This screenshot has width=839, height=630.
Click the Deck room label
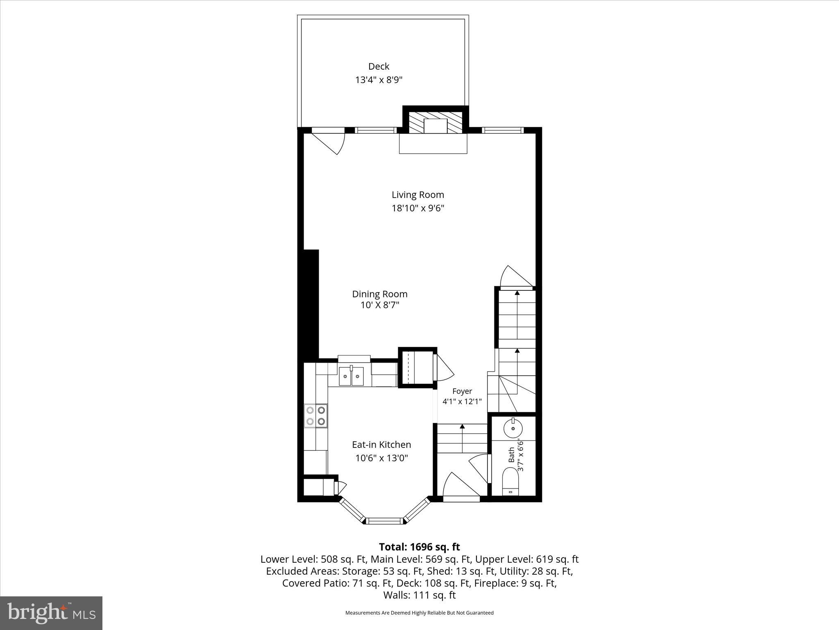379,66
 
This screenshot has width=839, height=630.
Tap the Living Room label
417,195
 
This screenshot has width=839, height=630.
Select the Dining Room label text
380,294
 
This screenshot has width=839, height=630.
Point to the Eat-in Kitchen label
381,445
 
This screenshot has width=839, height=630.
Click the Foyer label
462,391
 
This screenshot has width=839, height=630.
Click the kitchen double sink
351,376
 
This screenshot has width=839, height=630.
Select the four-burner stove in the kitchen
316,415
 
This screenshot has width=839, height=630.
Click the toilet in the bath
510,482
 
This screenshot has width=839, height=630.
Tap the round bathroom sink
513,429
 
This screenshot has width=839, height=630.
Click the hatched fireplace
435,122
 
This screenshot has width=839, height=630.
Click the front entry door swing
460,486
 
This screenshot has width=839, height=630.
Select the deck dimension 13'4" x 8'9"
379,80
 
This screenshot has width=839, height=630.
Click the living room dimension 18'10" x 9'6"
418,208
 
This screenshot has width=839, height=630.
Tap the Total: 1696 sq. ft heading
419,547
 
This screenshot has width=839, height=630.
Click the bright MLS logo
51,613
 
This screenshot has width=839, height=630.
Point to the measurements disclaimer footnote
419,613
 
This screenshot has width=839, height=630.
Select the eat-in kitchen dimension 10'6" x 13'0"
381,458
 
